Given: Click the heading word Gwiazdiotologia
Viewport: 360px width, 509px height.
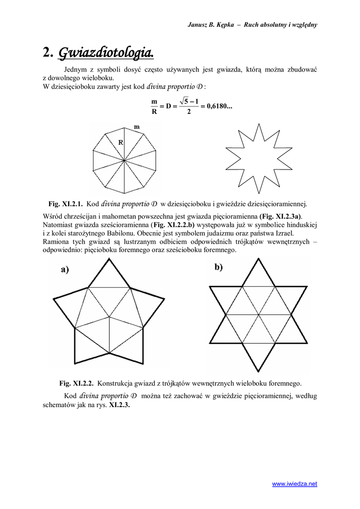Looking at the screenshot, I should pos(106,52).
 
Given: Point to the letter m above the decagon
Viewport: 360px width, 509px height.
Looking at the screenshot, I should pos(137,127).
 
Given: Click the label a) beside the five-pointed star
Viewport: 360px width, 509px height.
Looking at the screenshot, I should pos(65,270).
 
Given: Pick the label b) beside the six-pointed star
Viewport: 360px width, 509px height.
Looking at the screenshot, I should pos(219,267).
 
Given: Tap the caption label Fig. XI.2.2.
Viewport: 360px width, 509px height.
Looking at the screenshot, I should pos(77,383).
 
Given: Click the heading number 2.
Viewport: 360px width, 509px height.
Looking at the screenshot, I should pos(48,52).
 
